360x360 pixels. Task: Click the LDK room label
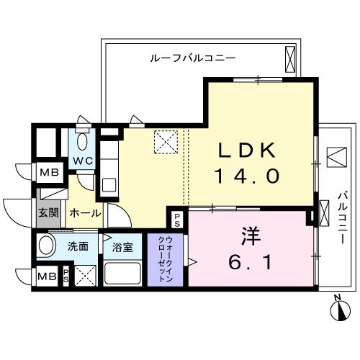(247, 150)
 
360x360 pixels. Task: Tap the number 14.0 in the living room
(246, 176)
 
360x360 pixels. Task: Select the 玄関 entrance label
(48, 213)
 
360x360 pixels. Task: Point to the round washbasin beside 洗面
(48, 246)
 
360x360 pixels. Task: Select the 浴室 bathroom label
(122, 247)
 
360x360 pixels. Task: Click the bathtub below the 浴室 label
(122, 273)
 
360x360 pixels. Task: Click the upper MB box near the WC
(50, 172)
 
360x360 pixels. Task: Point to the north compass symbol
(337, 310)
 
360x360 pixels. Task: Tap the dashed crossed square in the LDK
(167, 141)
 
